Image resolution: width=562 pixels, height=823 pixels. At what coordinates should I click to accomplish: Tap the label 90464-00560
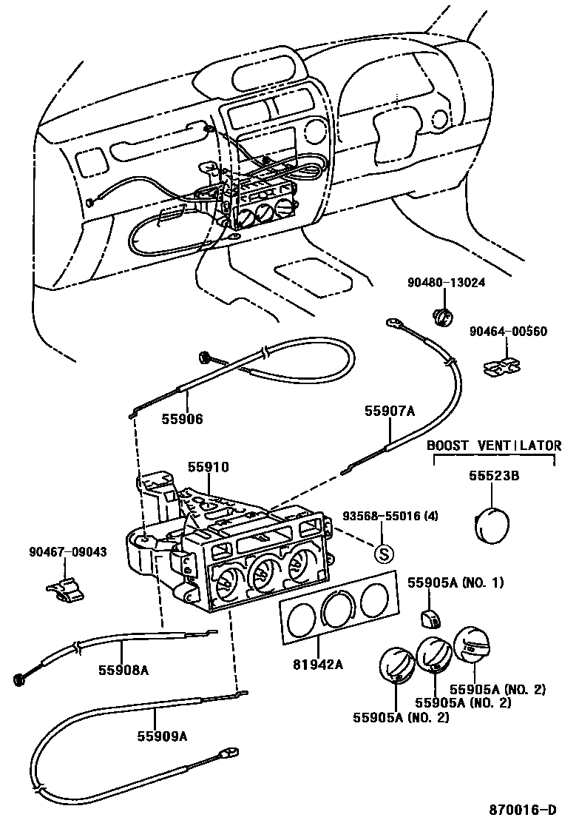tap(508, 332)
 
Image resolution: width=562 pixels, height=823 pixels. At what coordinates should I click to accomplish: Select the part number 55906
tap(182, 419)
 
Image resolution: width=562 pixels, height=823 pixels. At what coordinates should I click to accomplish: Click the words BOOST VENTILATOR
tap(493, 446)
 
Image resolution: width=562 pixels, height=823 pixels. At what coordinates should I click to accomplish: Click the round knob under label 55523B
tap(490, 524)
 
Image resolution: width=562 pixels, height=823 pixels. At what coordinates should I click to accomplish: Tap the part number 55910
tap(208, 467)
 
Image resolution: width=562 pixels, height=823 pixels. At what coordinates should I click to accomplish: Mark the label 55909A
tap(161, 736)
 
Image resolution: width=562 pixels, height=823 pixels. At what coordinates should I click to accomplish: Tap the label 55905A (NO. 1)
tap(456, 582)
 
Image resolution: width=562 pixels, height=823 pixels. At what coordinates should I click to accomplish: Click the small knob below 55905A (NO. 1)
tap(430, 616)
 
